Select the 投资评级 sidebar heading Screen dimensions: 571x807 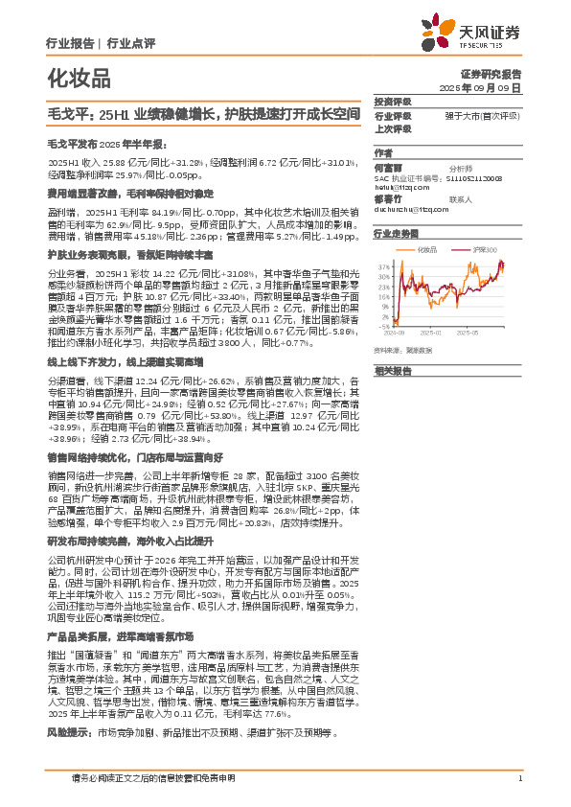pos(393,101)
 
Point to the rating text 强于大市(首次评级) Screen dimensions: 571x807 pos(481,115)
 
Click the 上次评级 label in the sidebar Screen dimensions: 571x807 pos(393,128)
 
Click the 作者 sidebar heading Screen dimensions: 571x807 pos(383,152)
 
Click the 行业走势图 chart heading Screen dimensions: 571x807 pos(397,233)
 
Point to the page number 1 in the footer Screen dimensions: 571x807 pos(519,778)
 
